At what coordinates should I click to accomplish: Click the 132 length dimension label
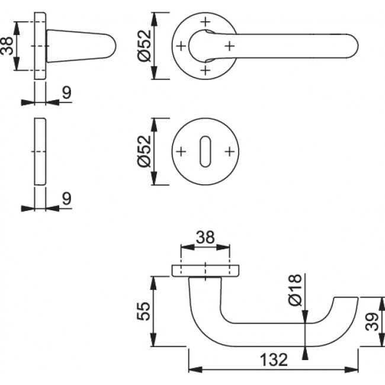274,360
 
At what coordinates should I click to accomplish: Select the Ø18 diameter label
294,290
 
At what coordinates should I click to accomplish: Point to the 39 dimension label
372,322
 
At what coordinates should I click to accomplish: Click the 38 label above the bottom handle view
206,237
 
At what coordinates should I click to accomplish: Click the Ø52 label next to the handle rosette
144,46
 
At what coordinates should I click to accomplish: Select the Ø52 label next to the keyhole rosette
144,151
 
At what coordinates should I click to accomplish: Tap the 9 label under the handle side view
66,92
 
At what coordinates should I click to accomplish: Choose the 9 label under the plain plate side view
66,198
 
